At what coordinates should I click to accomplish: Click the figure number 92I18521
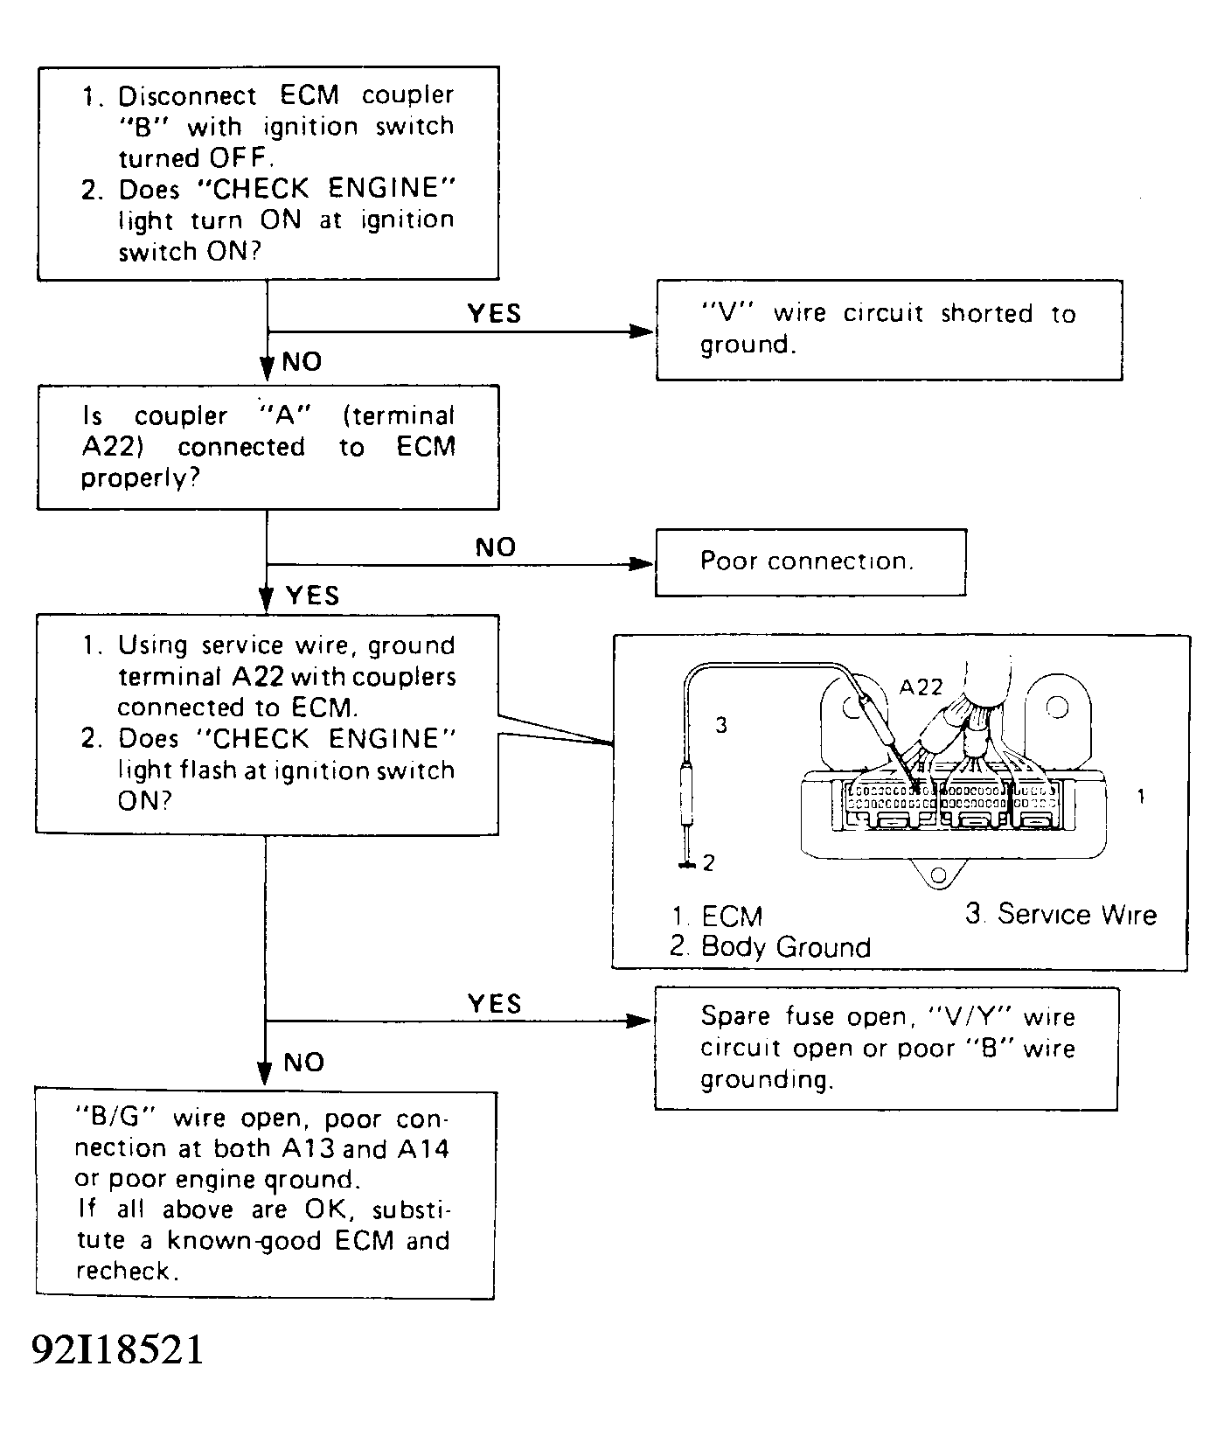[x=117, y=1350]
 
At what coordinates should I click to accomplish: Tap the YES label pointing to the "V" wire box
[x=494, y=313]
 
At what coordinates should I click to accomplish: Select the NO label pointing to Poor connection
[x=496, y=547]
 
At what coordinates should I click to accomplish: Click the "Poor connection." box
[x=810, y=562]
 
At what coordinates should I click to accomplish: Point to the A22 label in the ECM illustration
[x=921, y=687]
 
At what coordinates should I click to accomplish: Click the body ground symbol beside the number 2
[x=687, y=865]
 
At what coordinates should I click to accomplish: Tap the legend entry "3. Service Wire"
[x=1061, y=914]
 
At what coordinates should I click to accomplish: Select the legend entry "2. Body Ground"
[x=770, y=947]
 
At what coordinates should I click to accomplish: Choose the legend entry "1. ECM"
[x=718, y=917]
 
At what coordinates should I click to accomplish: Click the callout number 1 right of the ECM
[x=1140, y=797]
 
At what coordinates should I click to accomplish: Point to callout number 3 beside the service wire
[x=721, y=725]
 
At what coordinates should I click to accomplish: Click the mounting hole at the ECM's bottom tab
[x=938, y=875]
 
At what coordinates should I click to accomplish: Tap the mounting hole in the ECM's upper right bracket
[x=1057, y=705]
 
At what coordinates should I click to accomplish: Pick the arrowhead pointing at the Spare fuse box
[x=641, y=1021]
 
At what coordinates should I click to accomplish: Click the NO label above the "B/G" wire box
[x=303, y=1063]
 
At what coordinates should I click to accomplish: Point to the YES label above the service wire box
[x=312, y=596]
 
